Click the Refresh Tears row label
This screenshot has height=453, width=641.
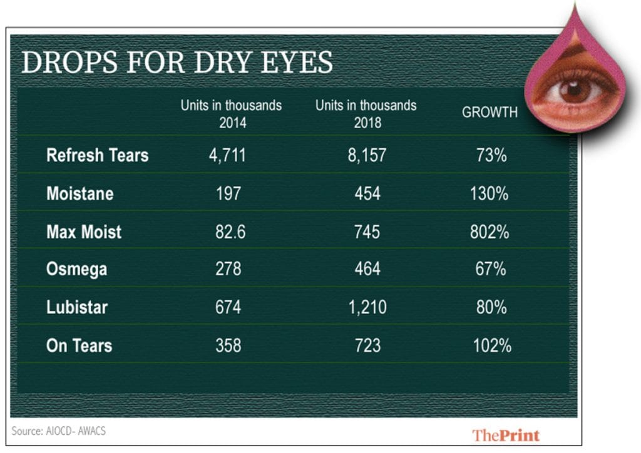pos(97,155)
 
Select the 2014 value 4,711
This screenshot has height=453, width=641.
pos(227,155)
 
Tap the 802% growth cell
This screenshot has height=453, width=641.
pos(490,232)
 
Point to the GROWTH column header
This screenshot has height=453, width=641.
pos(490,113)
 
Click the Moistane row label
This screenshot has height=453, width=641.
pos(79,193)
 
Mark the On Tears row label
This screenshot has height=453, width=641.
pos(79,345)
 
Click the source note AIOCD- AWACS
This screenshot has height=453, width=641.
pos(54,431)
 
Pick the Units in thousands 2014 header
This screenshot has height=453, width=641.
pos(231,113)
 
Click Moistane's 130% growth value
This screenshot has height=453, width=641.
pos(490,193)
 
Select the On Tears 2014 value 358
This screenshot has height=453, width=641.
pos(227,345)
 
